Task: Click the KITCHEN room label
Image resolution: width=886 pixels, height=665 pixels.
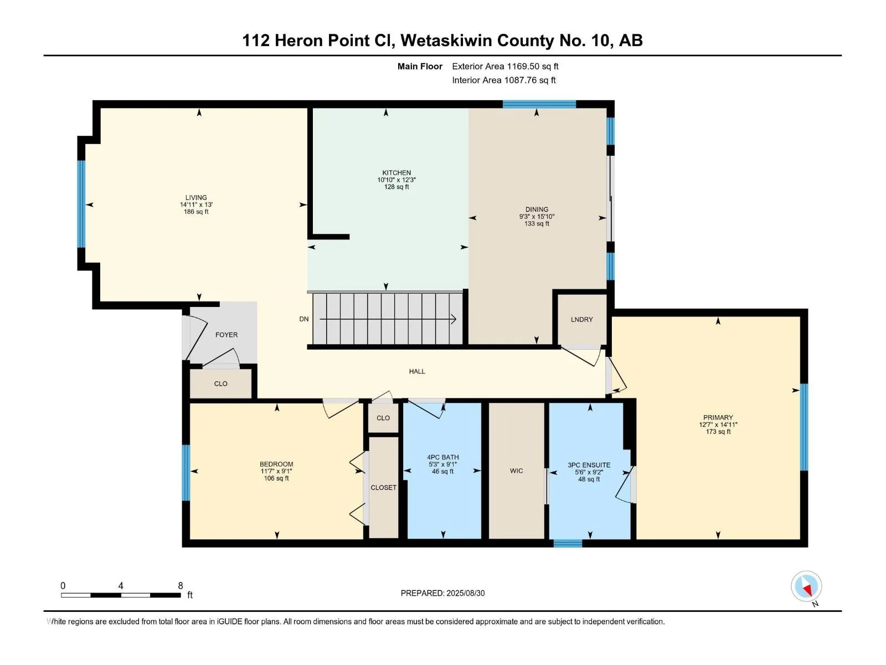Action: coord(396,173)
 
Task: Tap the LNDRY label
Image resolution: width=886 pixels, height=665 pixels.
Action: coord(581,319)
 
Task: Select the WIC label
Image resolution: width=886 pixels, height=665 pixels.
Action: coord(516,471)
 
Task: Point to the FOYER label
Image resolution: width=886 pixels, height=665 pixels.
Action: coord(226,335)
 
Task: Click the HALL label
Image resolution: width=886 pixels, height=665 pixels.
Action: coord(417,371)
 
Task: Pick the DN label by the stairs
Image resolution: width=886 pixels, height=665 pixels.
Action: coord(304,319)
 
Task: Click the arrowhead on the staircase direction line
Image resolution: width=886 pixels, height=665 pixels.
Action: coord(454,319)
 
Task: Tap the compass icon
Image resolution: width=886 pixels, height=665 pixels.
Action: coord(806,586)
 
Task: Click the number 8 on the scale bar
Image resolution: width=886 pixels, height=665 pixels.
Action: coord(181,585)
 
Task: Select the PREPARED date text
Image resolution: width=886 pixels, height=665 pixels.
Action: coord(443,593)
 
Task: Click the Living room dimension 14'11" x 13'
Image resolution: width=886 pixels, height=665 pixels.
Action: coord(196,204)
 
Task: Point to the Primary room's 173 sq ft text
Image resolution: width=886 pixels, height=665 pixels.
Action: coord(718,432)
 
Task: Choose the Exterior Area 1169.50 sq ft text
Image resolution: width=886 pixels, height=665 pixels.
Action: coord(505,66)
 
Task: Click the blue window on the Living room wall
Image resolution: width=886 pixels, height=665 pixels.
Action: coord(81,204)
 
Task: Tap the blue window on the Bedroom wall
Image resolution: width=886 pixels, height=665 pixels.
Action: coord(186,472)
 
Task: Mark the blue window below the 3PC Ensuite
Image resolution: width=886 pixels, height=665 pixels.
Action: coord(568,544)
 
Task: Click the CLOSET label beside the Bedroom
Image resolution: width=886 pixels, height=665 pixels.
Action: coord(383,488)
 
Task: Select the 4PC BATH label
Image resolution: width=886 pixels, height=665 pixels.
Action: coord(443,458)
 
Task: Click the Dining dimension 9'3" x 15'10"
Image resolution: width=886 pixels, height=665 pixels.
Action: coord(537,217)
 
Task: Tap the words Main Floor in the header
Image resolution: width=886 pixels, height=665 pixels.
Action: coord(420,66)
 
